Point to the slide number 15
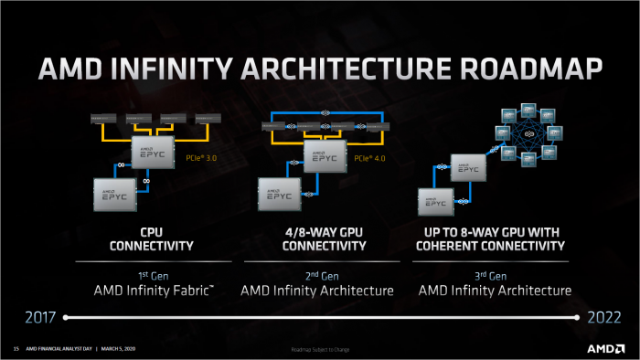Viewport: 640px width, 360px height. click(16, 349)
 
